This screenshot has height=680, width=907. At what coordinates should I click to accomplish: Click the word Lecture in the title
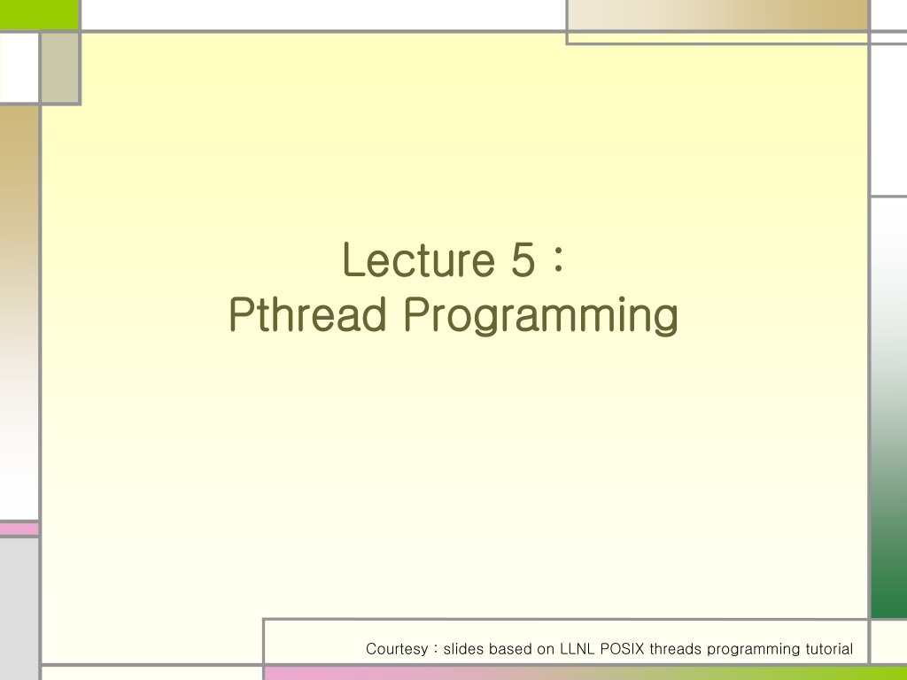point(419,259)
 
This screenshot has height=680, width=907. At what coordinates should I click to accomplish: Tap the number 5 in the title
point(523,259)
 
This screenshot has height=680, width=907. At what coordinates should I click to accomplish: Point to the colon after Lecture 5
point(558,260)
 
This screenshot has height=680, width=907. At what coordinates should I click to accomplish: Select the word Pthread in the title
point(307,314)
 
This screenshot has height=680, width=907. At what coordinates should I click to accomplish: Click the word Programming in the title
point(541,316)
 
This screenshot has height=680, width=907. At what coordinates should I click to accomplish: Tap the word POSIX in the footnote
point(623,649)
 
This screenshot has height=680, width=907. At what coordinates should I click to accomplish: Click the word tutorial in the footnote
point(829,649)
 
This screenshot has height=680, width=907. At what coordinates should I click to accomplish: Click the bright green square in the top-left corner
point(39,14)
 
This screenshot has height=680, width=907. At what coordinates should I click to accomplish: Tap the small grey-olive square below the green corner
point(60,67)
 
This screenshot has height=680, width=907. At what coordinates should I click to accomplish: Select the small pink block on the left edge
point(19,529)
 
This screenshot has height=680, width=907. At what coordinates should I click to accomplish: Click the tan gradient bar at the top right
point(717,14)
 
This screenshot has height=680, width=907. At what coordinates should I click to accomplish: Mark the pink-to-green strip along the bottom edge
point(585,674)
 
